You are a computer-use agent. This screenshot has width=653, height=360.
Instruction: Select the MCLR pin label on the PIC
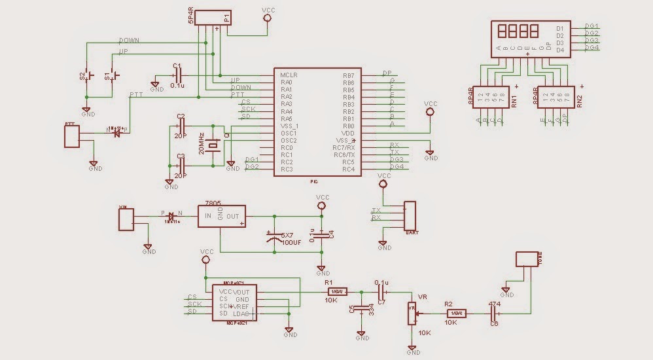[289, 75]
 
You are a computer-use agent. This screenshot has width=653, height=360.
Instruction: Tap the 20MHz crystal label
[202, 143]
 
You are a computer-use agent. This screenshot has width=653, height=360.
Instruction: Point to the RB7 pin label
[348, 75]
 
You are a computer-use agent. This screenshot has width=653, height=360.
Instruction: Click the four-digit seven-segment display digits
[519, 31]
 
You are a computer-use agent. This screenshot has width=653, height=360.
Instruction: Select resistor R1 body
[336, 291]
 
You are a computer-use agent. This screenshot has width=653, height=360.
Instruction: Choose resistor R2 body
[456, 314]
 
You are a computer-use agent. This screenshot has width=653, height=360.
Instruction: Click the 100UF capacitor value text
[292, 242]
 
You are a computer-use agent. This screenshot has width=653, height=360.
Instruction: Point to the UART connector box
[410, 215]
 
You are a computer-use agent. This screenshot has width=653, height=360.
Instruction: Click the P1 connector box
[214, 18]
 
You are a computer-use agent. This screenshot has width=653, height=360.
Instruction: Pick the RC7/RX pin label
[344, 147]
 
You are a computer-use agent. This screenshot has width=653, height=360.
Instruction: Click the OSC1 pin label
[289, 133]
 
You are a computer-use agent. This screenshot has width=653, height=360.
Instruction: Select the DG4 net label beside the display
[591, 48]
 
